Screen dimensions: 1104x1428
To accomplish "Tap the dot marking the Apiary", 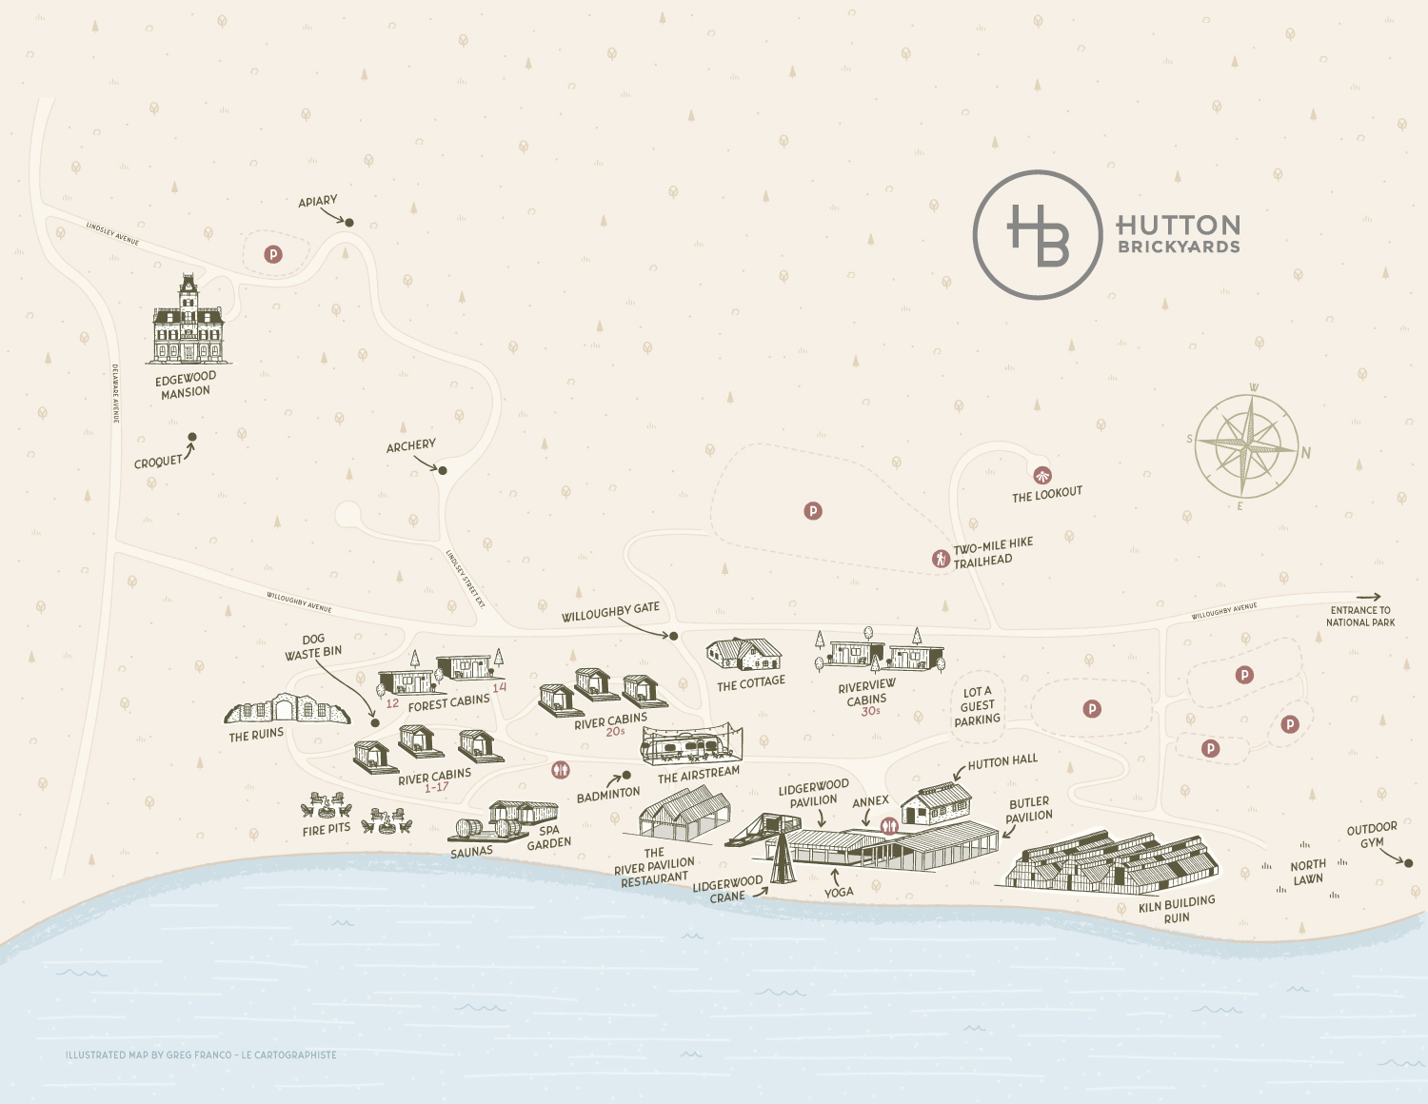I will [x=349, y=223].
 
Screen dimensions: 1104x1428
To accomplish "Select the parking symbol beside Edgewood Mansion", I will [x=273, y=254].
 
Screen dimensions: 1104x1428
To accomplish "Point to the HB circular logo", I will [x=1038, y=235].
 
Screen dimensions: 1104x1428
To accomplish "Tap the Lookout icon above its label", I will [x=1042, y=475].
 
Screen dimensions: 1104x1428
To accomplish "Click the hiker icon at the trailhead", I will [x=941, y=559].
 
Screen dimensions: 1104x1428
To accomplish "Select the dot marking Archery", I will [x=443, y=470].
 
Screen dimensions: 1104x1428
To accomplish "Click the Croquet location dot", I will [x=192, y=438].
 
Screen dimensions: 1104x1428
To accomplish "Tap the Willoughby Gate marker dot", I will [x=673, y=636].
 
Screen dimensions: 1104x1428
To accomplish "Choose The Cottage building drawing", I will [x=744, y=655].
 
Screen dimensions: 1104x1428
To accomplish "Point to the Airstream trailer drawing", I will [x=691, y=743].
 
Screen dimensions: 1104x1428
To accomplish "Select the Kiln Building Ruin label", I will [x=1177, y=909].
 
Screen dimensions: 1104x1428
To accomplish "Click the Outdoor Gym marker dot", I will [x=1409, y=863].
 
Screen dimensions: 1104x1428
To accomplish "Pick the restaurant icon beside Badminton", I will [x=561, y=769].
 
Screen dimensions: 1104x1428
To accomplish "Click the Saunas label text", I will [x=471, y=853].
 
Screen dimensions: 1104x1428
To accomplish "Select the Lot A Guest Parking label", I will [x=978, y=706].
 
